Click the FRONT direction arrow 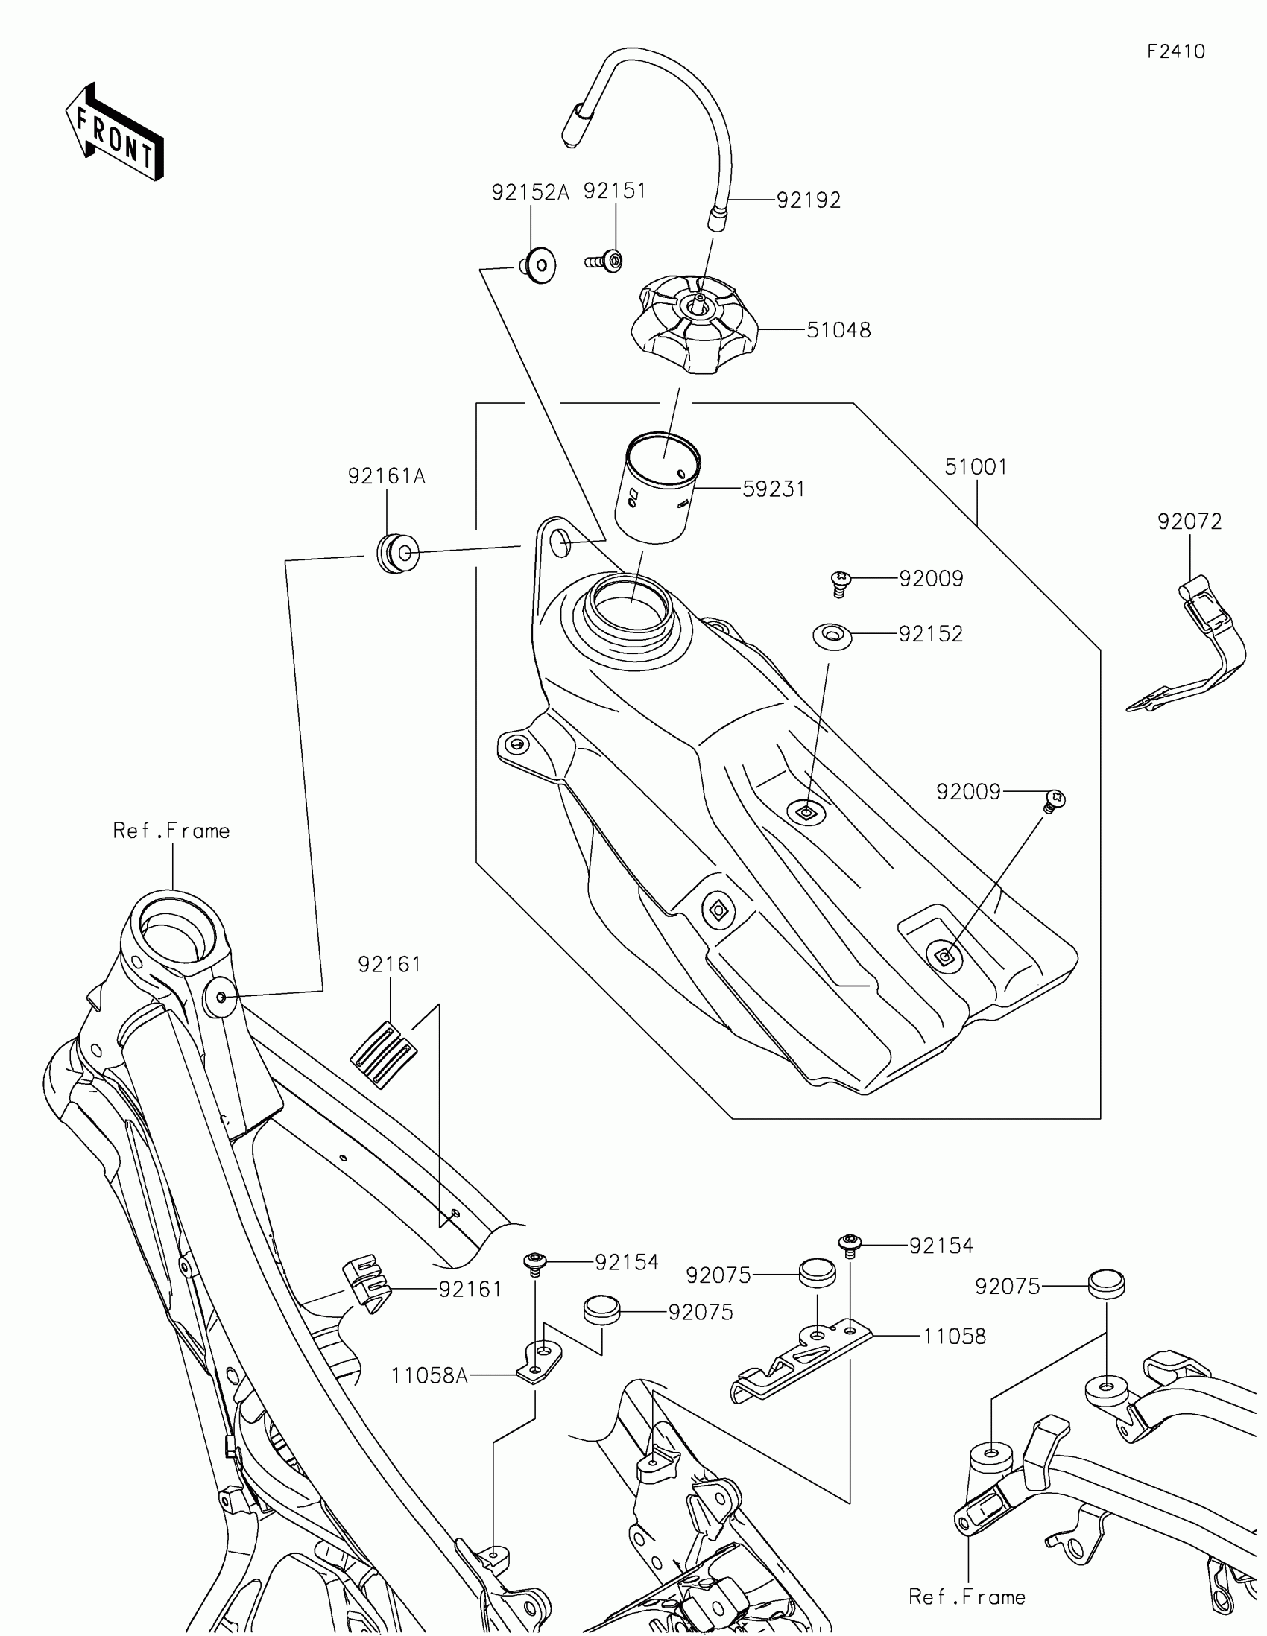115,132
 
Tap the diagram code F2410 1176,51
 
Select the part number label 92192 809,200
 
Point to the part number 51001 976,467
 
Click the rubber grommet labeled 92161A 396,554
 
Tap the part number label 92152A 531,192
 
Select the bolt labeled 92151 605,261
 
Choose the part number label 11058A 429,1375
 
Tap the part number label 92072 1189,521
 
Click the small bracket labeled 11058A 540,1360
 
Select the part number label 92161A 387,476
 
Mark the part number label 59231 774,489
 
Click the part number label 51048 838,330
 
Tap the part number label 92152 932,635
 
